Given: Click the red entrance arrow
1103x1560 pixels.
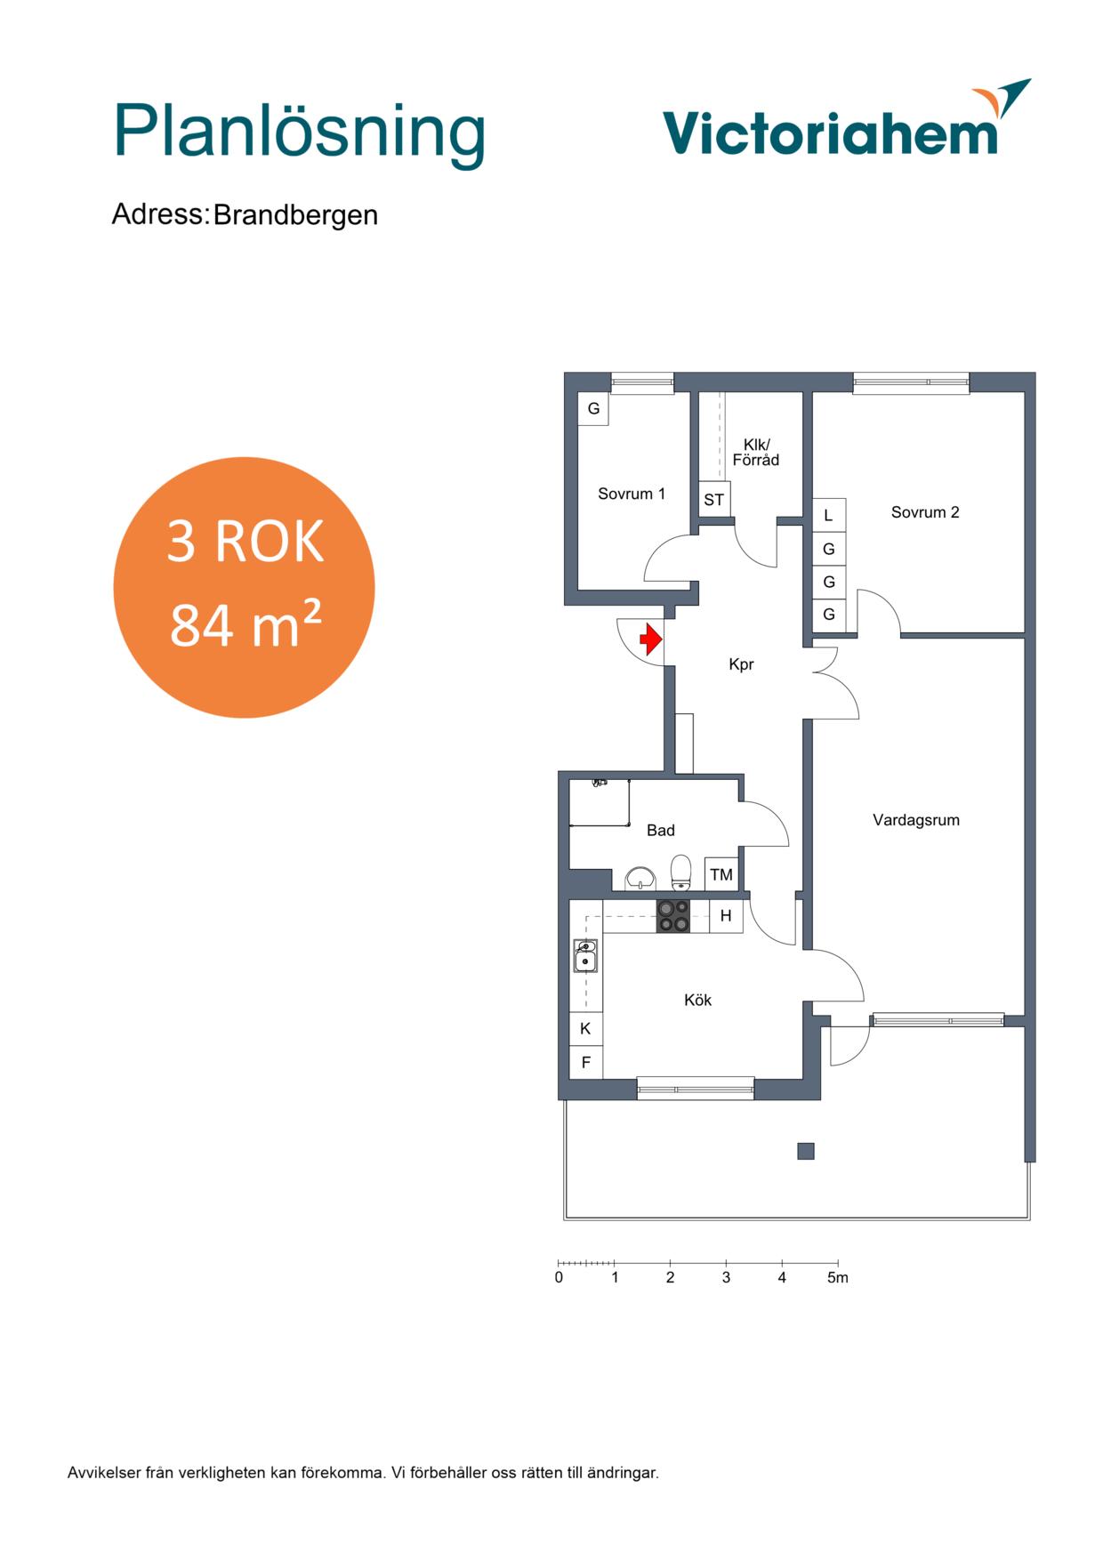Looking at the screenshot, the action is click(x=651, y=639).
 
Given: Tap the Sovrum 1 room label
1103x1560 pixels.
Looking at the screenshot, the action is click(x=632, y=494).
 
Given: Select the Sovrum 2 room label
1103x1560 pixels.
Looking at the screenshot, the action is click(x=925, y=512).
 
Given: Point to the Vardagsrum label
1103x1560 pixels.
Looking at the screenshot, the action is click(x=916, y=820).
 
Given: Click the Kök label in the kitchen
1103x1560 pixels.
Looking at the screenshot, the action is click(x=697, y=1000).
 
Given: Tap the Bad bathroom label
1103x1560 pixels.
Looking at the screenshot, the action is click(x=660, y=830).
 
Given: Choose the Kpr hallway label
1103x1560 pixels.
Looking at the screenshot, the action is click(x=741, y=664).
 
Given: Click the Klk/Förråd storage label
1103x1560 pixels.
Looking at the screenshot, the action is click(x=756, y=452).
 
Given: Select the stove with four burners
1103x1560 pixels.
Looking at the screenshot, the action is click(x=673, y=916).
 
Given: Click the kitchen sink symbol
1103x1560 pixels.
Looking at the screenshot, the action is click(x=585, y=956).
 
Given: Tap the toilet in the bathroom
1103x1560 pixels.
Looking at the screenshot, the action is click(x=680, y=872).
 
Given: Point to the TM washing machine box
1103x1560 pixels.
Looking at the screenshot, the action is click(x=721, y=874).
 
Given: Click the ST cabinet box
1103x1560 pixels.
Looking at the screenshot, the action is click(x=714, y=500).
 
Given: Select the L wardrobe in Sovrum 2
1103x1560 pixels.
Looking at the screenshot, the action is click(x=829, y=516).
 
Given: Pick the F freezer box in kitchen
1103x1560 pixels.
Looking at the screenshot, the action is click(x=586, y=1062).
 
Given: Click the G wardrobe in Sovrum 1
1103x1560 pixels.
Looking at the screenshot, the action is click(x=593, y=409).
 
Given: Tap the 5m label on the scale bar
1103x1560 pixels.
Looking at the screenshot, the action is click(x=838, y=1278).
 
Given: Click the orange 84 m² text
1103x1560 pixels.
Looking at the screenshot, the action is click(x=246, y=624).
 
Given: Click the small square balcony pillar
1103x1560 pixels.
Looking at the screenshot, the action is click(x=806, y=1151).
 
